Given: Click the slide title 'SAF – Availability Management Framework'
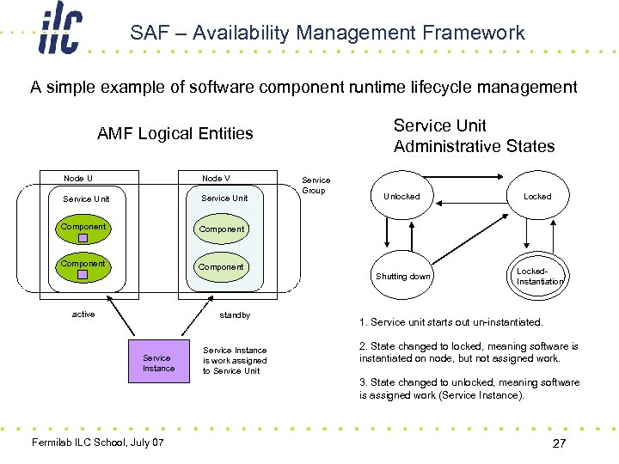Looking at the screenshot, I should (x=327, y=33).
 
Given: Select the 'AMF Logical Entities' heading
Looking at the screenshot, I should (x=175, y=133).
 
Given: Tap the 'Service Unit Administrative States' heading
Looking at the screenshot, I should (x=474, y=136).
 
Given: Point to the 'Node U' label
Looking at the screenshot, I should (x=78, y=178).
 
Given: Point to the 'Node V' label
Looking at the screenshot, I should (x=216, y=178).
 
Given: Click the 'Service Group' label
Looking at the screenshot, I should (x=316, y=185).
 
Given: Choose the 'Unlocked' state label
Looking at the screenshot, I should (x=401, y=196).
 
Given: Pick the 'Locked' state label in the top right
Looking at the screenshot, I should (x=537, y=196).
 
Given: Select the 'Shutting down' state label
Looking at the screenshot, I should (x=402, y=276).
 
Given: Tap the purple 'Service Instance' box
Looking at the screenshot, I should (x=158, y=363).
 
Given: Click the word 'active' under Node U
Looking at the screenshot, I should (x=83, y=314).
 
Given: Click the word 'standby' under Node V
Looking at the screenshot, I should (x=235, y=315).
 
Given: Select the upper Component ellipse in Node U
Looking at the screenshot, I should (x=83, y=229).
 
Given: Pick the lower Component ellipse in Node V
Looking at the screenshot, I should (x=221, y=267).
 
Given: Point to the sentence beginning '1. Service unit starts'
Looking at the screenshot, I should (x=450, y=322).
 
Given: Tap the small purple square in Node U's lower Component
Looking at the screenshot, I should (x=83, y=274).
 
